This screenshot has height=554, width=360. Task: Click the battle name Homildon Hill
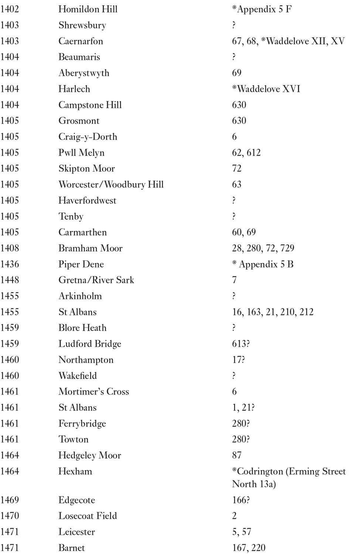[88, 9]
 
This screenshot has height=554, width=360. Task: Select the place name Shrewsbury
[82, 25]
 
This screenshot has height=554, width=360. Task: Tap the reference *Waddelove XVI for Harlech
[266, 89]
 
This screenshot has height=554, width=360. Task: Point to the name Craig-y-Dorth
[88, 137]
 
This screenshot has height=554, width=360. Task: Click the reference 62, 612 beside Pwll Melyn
[246, 153]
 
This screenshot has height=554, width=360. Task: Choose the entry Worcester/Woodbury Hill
[111, 184]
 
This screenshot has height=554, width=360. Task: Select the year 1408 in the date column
[10, 248]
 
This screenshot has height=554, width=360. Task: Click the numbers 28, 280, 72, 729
[263, 248]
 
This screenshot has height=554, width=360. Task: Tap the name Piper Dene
[81, 264]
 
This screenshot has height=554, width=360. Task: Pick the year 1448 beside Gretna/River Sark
[10, 280]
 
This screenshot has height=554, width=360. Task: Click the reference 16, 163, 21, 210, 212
[272, 312]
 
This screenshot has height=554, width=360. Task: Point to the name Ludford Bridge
[90, 344]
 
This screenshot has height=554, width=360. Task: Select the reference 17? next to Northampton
[238, 360]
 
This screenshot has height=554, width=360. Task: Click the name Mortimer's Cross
[93, 391]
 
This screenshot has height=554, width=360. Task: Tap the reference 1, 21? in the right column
[243, 407]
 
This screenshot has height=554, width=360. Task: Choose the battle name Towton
[73, 440]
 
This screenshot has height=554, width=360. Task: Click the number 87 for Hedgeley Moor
[237, 455]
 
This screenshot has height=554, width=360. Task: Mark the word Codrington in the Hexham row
[260, 472]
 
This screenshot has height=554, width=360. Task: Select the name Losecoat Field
[88, 516]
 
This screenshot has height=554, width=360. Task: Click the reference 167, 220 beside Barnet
[248, 548]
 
